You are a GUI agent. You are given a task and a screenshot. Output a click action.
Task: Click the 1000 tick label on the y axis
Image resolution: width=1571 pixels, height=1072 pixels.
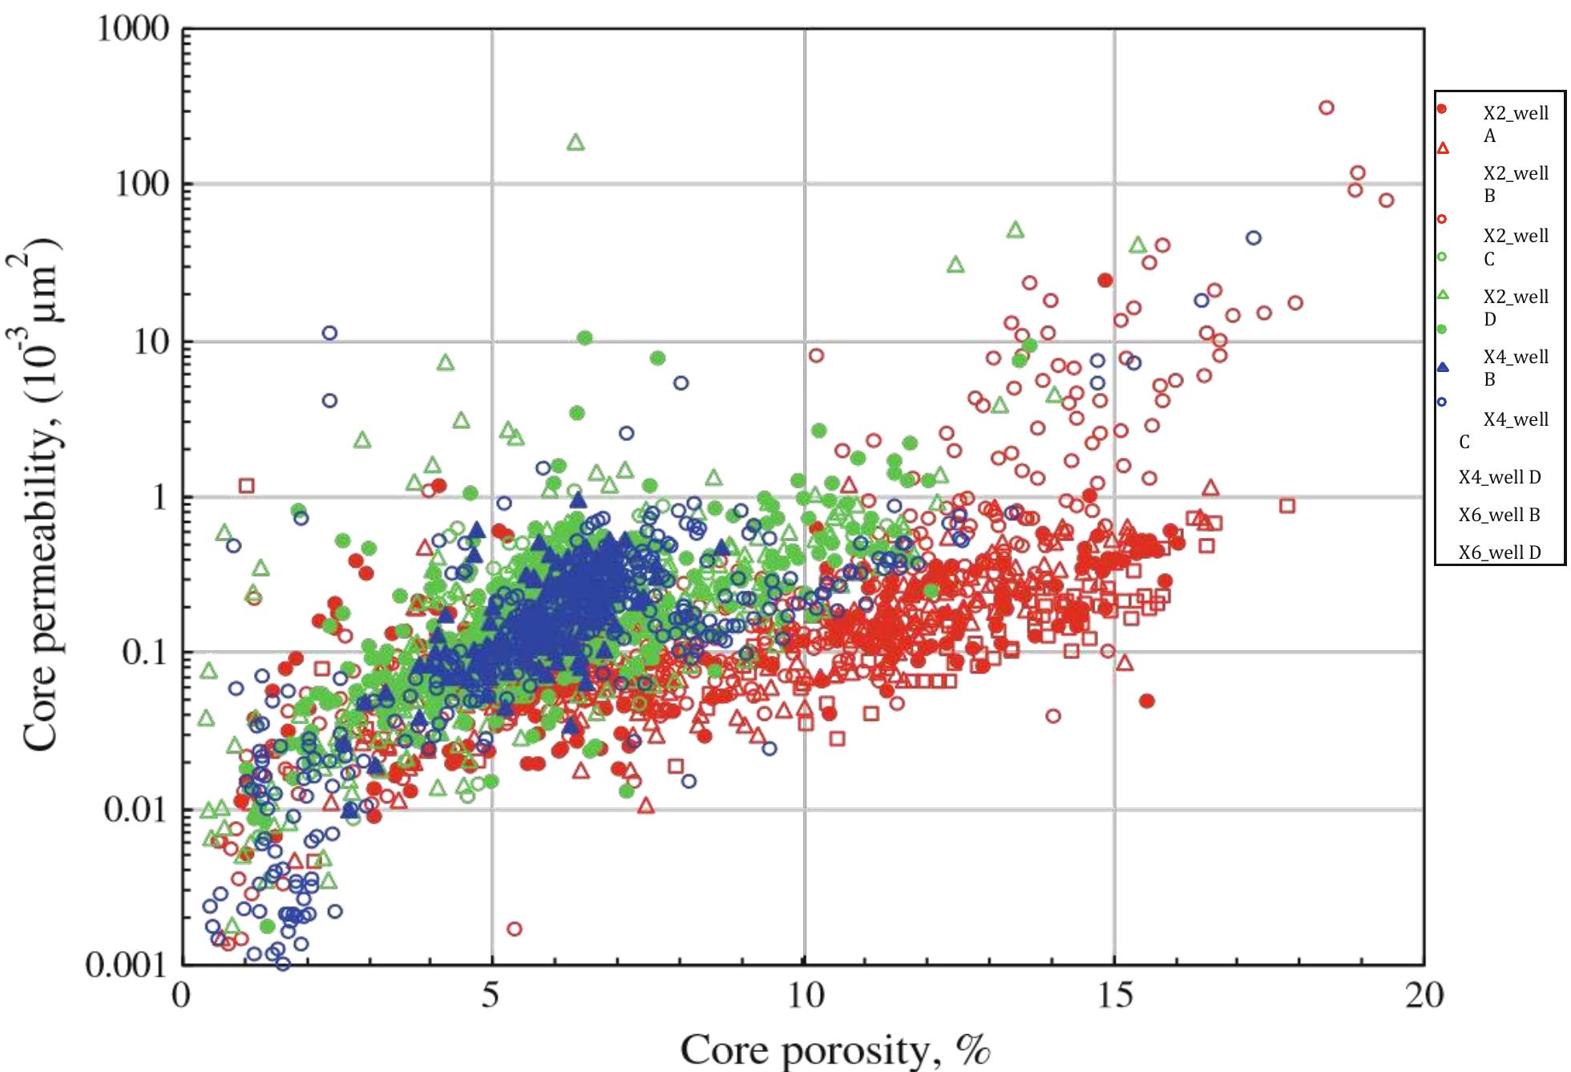(x=132, y=30)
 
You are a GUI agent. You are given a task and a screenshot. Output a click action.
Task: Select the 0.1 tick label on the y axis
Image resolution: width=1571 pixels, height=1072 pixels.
(x=144, y=653)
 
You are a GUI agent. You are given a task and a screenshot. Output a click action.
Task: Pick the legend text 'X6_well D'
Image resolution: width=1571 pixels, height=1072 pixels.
(x=1500, y=552)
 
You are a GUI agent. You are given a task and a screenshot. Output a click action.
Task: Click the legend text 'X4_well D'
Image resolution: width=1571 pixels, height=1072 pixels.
(x=1500, y=477)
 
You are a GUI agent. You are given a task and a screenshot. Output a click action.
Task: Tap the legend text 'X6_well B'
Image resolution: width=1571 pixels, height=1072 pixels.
(x=1500, y=515)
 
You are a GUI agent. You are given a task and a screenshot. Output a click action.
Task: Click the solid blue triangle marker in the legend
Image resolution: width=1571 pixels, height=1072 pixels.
(x=1443, y=367)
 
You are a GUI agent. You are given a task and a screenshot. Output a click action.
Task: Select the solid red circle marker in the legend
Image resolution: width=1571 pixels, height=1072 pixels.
(x=1442, y=108)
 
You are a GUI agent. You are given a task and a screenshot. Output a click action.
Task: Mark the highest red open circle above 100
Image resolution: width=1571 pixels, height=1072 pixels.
(x=1327, y=107)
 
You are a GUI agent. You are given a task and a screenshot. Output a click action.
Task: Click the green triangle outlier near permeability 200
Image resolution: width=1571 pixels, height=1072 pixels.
(x=575, y=144)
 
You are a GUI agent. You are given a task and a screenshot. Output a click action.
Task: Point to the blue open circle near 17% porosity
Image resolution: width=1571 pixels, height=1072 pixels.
(x=1254, y=238)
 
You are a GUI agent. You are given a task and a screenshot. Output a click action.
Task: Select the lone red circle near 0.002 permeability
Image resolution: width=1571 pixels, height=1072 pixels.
(x=515, y=928)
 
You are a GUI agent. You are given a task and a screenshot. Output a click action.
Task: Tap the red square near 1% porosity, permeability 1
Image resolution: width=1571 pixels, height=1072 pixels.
(x=247, y=485)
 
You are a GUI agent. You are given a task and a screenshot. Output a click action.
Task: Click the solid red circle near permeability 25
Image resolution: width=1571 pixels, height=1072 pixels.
(x=1105, y=280)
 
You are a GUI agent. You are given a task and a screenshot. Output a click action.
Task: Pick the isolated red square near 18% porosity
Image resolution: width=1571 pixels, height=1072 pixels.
(x=1287, y=505)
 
